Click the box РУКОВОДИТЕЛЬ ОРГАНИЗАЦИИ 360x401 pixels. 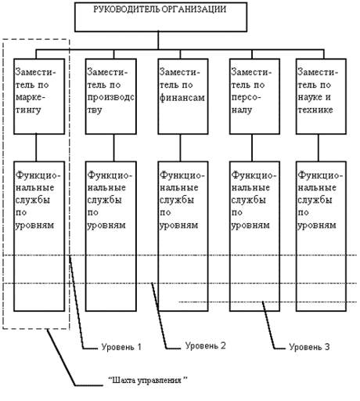pyautogui.click(x=160, y=17)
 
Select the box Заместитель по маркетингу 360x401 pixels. pyautogui.click(x=39, y=96)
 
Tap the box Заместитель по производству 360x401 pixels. pyautogui.click(x=111, y=96)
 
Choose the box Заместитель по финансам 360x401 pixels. pyautogui.click(x=183, y=96)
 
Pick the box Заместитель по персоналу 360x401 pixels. pyautogui.click(x=254, y=96)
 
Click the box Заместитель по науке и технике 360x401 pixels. pyautogui.click(x=321, y=96)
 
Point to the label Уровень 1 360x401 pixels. pyautogui.click(x=121, y=347)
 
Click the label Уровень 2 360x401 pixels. pyautogui.click(x=205, y=345)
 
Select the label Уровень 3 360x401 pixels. pyautogui.click(x=309, y=347)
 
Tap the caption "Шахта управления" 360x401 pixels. pyautogui.click(x=148, y=380)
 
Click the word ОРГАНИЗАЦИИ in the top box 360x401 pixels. pyautogui.click(x=193, y=9)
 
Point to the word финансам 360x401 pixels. pyautogui.click(x=182, y=98)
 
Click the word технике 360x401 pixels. pyautogui.click(x=315, y=110)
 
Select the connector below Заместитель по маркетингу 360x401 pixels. pyautogui.click(x=36, y=148)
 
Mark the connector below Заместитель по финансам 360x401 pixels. pyautogui.click(x=180, y=148)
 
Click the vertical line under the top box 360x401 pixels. pyautogui.click(x=158, y=41)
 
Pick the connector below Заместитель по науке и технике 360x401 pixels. pyautogui.click(x=319, y=148)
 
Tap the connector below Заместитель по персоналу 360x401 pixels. pyautogui.click(x=252, y=148)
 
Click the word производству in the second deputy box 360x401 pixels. pyautogui.click(x=110, y=103)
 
